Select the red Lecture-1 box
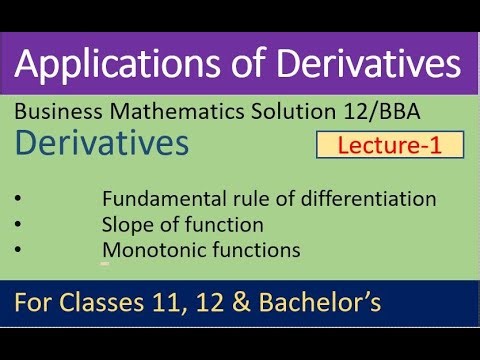(391, 145)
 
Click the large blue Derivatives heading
(103, 144)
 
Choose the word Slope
(126, 225)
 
